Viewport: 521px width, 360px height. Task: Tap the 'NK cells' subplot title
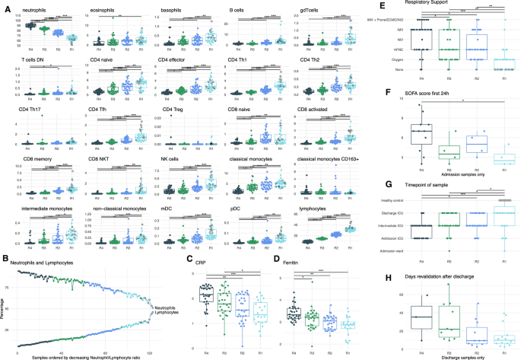(x=162, y=158)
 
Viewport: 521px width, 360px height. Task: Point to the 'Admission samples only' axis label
(x=449, y=176)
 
